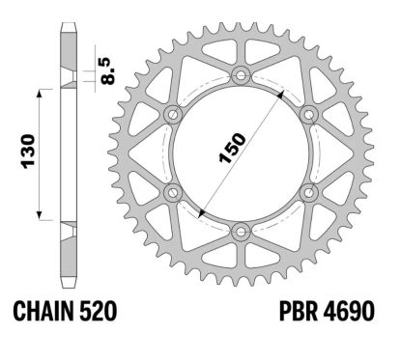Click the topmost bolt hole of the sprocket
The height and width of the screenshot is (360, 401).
[x=241, y=75]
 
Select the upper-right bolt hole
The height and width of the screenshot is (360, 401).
[x=309, y=114]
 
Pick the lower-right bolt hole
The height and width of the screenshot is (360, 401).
[x=309, y=193]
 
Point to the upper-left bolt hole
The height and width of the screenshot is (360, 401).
[x=173, y=114]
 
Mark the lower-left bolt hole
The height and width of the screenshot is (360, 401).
[x=173, y=193]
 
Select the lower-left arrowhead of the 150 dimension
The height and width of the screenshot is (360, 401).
[x=200, y=212]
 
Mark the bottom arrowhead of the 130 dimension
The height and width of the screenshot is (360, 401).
[x=41, y=217]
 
